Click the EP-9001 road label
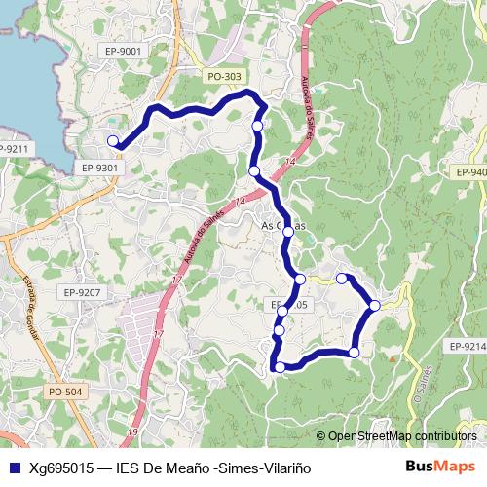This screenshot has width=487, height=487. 125,51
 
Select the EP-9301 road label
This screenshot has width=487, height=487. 99,168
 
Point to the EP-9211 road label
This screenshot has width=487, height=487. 16,149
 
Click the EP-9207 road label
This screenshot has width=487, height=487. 82,292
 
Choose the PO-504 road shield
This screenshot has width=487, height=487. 65,392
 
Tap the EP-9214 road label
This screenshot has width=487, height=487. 468,346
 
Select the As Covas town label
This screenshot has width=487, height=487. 284,226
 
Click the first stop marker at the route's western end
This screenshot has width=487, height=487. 113,141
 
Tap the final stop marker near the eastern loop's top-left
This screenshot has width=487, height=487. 342,279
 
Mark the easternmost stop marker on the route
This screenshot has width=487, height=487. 375,306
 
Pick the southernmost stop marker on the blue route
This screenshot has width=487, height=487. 281,367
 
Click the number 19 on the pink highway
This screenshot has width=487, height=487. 132,431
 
